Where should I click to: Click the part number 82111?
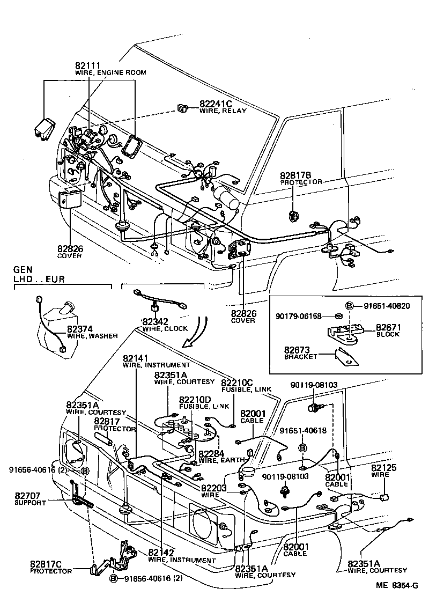tap(87, 65)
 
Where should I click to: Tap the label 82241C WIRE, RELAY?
tap(223, 107)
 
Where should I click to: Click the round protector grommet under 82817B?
tap(293, 216)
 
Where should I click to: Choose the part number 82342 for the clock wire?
tap(154, 321)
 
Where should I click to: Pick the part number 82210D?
tap(195, 400)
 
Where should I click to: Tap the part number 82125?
tap(384, 468)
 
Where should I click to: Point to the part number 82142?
tap(162, 553)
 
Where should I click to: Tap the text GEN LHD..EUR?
tap(37, 275)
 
